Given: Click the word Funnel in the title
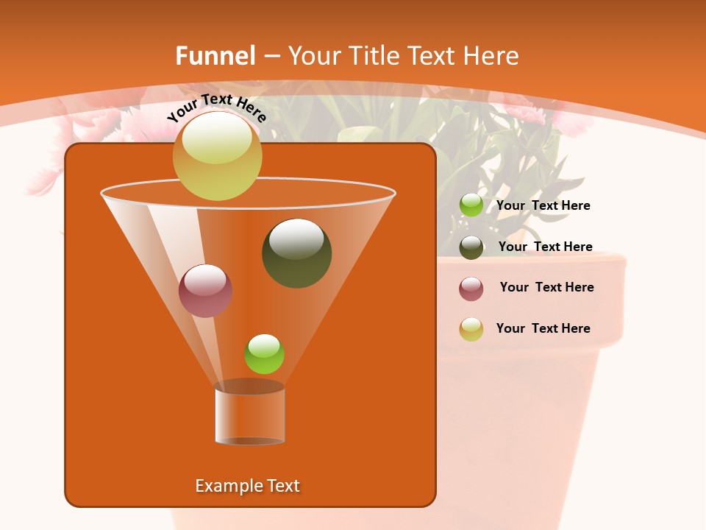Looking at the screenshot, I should (215, 56).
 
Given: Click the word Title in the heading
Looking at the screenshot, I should (374, 56).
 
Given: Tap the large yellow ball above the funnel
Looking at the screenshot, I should (218, 155).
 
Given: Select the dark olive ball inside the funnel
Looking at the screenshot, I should (297, 253).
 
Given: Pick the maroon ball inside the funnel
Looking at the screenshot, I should (206, 291).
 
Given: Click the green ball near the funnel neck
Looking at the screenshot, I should (264, 354).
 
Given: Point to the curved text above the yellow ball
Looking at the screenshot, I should (217, 107).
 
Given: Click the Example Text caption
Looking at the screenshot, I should (247, 486).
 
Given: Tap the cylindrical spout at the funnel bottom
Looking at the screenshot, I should (250, 416).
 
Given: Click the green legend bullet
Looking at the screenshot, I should (471, 205).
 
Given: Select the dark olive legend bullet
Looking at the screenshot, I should (471, 247).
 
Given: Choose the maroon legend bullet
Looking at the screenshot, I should (471, 289).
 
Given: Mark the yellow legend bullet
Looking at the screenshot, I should (471, 329).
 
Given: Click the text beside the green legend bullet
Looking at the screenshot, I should (543, 205).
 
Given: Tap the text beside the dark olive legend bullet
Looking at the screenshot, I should (545, 247).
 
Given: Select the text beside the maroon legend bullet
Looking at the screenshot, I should (546, 287).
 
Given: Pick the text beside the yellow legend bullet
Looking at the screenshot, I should (543, 328).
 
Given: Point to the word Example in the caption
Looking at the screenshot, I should (227, 486).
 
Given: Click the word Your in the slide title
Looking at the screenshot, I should (314, 56).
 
